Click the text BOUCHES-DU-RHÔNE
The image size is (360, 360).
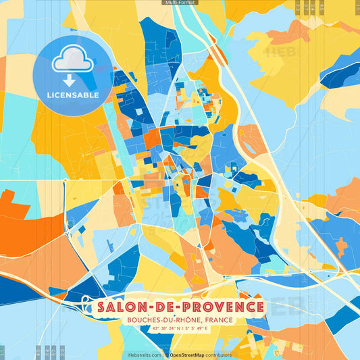(x=163, y=319)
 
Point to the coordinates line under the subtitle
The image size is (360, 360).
(x=180, y=329)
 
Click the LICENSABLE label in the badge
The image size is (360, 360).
(x=72, y=95)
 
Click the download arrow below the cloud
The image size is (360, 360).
(x=70, y=80)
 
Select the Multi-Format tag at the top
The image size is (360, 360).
(x=180, y=3)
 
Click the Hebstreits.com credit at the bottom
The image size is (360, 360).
(x=145, y=355)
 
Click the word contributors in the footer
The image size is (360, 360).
(x=220, y=355)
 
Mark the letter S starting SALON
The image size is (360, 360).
(x=101, y=307)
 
